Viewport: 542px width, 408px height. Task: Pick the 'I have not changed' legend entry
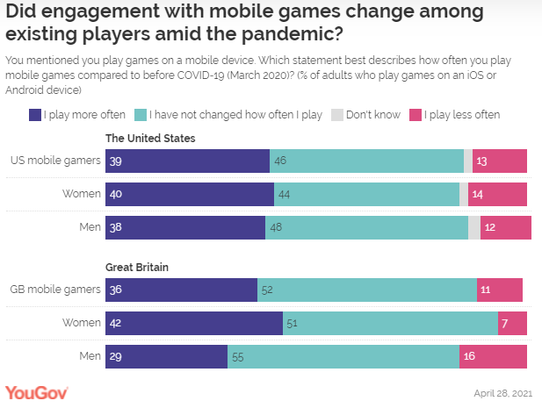point(231,115)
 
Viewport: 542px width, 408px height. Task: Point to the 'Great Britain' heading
point(136,267)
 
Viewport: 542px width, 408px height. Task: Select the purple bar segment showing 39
point(187,161)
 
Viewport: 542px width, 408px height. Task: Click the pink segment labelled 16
point(493,356)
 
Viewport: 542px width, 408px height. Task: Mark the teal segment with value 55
point(343,356)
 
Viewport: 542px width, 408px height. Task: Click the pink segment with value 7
point(512,323)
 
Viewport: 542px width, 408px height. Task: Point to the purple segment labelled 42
point(194,323)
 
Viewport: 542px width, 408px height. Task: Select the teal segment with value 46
point(366,161)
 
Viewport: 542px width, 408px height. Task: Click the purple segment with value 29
point(166,356)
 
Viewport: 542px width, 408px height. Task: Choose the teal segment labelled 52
point(367,290)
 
